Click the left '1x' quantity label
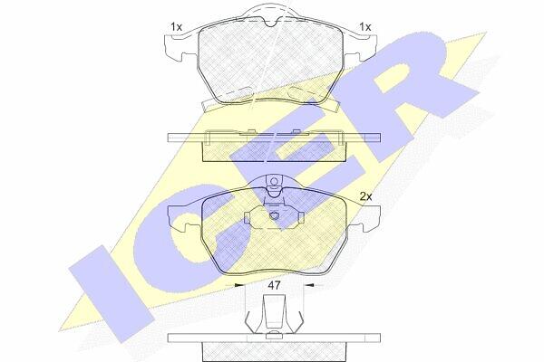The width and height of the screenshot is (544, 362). click(x=176, y=26)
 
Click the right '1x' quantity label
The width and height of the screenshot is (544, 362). click(x=365, y=26)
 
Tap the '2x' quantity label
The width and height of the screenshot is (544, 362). click(x=365, y=196)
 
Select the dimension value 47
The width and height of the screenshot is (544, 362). click(x=274, y=285)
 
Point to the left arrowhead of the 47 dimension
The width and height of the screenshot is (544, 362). click(x=239, y=285)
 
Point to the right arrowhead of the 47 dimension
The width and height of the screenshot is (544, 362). click(x=309, y=285)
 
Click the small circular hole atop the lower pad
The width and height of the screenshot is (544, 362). click(x=275, y=182)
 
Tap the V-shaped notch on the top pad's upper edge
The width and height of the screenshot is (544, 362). click(x=270, y=23)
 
